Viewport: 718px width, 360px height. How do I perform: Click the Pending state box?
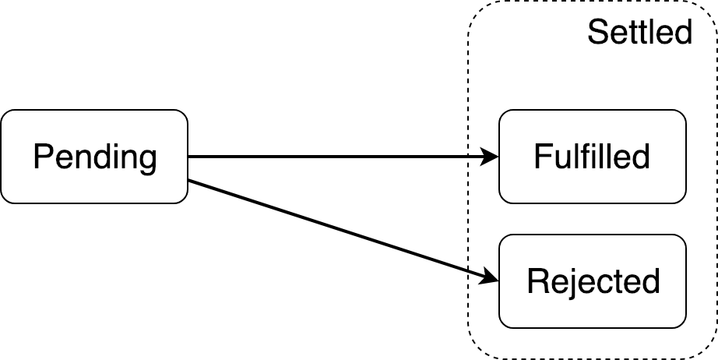[94, 157]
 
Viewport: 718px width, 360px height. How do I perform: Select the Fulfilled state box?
[592, 157]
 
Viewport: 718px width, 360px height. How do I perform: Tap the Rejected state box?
[592, 281]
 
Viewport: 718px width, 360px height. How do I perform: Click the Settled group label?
[639, 33]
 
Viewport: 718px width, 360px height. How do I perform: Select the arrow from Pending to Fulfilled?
[343, 157]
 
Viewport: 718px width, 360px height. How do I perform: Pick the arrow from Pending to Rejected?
[343, 230]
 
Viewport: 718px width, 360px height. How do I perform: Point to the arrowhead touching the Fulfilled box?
[491, 157]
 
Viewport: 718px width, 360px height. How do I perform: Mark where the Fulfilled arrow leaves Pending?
[189, 157]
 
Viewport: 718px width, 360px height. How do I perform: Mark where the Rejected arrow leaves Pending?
[189, 182]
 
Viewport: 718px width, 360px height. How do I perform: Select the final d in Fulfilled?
[641, 157]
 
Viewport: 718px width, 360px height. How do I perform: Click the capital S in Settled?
[597, 33]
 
